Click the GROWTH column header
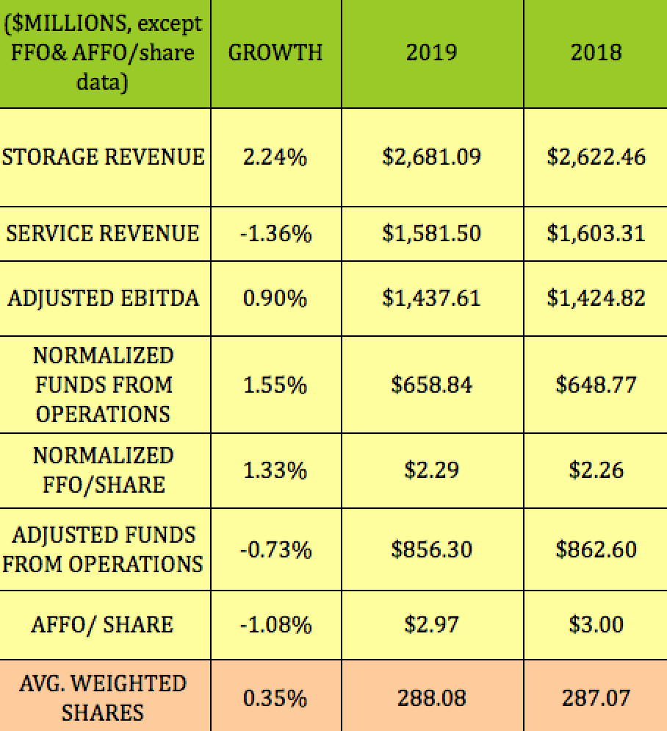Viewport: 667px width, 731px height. coord(275,53)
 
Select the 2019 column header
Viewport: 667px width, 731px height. coord(431,53)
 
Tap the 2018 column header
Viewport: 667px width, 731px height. coord(596,53)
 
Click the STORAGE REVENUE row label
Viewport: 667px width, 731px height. coord(104,157)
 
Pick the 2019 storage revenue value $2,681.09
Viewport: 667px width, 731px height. coord(431,157)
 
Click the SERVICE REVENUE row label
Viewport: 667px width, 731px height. coord(103,233)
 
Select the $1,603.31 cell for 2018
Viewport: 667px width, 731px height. coord(596,233)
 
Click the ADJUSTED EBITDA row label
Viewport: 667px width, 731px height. coord(103,299)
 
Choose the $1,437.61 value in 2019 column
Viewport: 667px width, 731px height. coord(431,299)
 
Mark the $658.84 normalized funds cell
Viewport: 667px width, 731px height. coord(431,384)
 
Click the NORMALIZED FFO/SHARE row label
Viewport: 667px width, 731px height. coord(103,470)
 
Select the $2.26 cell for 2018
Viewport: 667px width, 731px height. coord(596,470)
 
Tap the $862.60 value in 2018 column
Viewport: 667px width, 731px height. coord(596,549)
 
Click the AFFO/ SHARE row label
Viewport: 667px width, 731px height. coord(103,624)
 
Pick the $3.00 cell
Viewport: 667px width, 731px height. coord(596,624)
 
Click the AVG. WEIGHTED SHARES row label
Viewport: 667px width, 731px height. coord(103,697)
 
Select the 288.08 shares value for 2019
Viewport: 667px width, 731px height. coord(431,697)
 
